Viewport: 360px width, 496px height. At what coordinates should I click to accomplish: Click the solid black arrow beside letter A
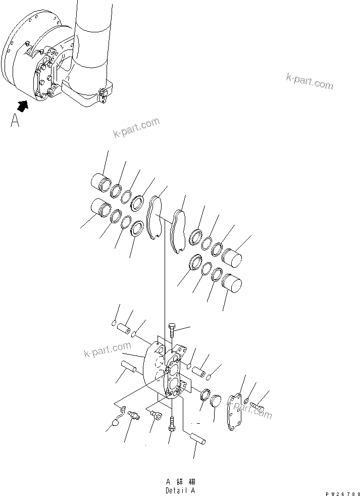pyautogui.click(x=22, y=106)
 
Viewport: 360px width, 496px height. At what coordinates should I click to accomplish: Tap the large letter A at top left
pyautogui.click(x=15, y=121)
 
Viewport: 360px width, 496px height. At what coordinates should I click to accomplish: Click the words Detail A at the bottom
pyautogui.click(x=179, y=490)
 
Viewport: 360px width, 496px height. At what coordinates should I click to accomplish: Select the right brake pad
pyautogui.click(x=178, y=230)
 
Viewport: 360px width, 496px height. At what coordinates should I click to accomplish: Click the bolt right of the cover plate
pyautogui.click(x=258, y=406)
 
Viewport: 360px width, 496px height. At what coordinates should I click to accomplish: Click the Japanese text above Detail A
pyautogui.click(x=179, y=482)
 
